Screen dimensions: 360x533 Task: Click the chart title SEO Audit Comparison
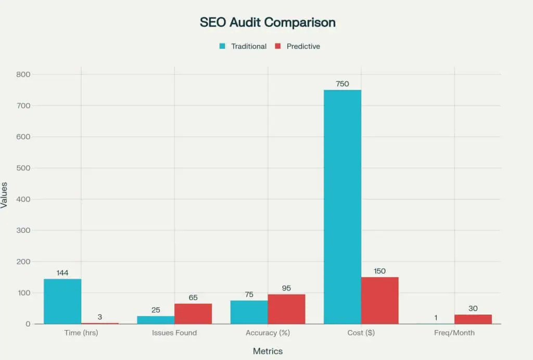[268, 22]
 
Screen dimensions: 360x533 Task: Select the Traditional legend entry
[243, 46]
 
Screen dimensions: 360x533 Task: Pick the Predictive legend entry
[297, 46]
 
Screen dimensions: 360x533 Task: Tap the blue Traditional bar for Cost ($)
[342, 207]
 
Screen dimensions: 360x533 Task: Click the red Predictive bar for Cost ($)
[379, 301]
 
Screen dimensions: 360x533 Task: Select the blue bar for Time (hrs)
[62, 302]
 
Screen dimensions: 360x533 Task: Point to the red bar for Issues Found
[193, 314]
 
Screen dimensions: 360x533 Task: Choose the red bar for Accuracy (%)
[286, 309]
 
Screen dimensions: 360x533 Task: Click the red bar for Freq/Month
[473, 319]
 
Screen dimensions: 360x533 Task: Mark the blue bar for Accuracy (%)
[249, 312]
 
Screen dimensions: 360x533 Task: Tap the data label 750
[342, 83]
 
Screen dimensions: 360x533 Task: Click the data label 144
[62, 272]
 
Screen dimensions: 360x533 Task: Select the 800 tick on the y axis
[24, 75]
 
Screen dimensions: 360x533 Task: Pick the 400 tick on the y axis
[24, 199]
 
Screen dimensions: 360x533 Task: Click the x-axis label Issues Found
[174, 332]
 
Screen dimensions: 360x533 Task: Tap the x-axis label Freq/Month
[454, 332]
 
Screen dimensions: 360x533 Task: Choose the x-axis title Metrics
[268, 351]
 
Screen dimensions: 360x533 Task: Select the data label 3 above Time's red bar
[100, 316]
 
